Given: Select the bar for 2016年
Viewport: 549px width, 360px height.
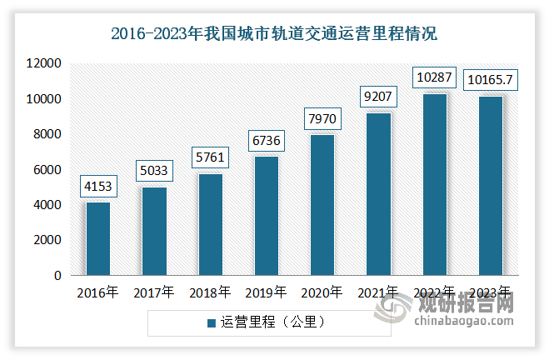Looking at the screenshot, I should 97,238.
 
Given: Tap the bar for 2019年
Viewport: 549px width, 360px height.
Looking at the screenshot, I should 266,216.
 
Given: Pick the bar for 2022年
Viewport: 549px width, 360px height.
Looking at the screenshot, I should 435,184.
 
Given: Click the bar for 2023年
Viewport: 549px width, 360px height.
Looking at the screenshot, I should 491,186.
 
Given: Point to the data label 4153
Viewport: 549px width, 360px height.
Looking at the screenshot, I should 98,186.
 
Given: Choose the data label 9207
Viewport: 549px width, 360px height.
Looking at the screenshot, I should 378,97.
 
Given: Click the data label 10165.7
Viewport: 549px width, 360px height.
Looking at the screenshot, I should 491,79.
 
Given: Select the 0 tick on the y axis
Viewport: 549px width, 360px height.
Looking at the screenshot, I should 57,276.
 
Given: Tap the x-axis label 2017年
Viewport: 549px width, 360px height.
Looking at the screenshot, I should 154,292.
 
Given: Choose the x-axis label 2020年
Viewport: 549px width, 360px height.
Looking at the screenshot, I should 322,292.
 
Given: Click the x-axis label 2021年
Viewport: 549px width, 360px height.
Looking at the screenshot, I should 378,292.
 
